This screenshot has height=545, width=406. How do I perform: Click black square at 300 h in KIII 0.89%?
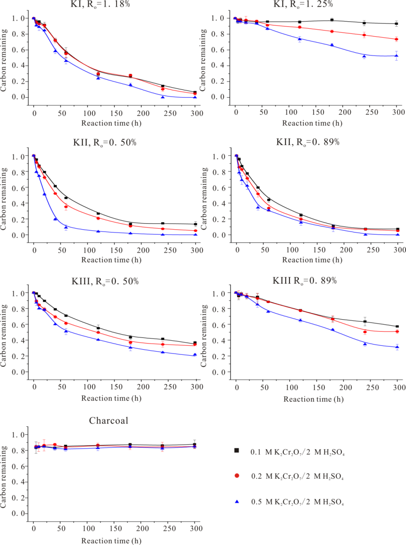[x=397, y=327]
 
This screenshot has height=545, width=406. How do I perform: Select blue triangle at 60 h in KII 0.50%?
[x=66, y=227]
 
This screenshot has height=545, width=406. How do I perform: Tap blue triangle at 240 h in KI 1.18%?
[x=163, y=97]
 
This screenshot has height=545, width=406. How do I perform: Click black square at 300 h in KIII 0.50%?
[x=195, y=343]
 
